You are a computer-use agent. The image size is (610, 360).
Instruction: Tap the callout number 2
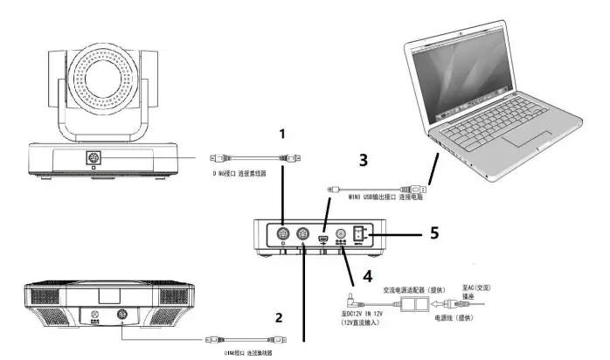[x=280, y=318]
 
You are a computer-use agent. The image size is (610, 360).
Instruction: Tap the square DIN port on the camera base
[x=92, y=159]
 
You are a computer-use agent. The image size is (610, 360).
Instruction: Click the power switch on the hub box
[x=358, y=234]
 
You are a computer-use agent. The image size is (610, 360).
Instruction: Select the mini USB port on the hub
[x=322, y=235]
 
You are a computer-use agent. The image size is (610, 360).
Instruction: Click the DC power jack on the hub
[x=341, y=235]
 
